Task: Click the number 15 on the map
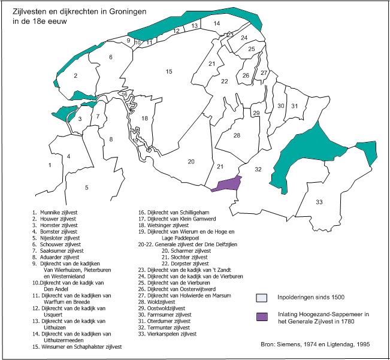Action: [x=170, y=72]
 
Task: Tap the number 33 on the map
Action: [x=319, y=201]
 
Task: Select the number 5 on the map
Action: [x=86, y=187]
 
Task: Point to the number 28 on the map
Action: [x=237, y=136]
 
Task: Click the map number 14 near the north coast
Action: [x=216, y=23]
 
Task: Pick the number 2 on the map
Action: [x=75, y=76]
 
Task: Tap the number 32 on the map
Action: [x=258, y=170]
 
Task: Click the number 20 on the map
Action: [x=191, y=162]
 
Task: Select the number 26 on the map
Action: [x=246, y=75]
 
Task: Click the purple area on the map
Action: [x=226, y=184]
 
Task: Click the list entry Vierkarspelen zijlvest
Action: [x=171, y=334]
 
